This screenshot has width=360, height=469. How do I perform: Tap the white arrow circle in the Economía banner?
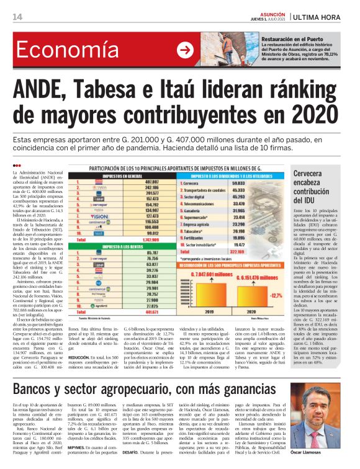[184, 50]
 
